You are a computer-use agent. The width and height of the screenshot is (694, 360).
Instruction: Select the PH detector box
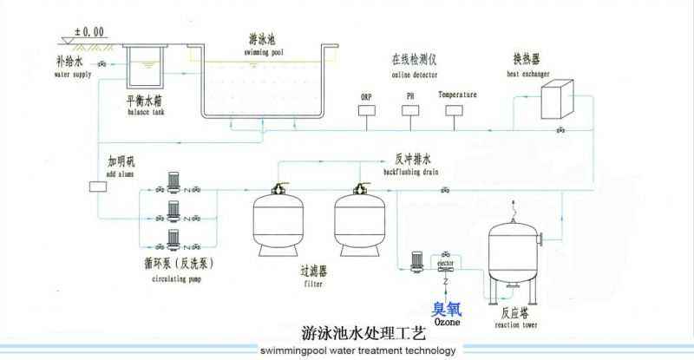pyautogui.click(x=410, y=111)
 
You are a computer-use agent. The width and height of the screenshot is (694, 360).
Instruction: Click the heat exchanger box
pyautogui.click(x=557, y=99)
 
